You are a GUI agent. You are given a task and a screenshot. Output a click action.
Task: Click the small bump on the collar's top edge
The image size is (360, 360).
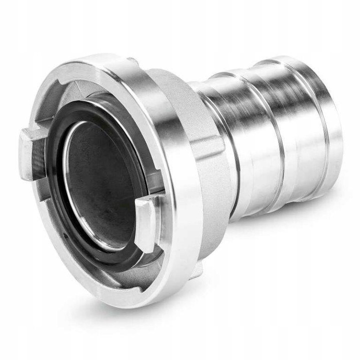click(133, 61)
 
